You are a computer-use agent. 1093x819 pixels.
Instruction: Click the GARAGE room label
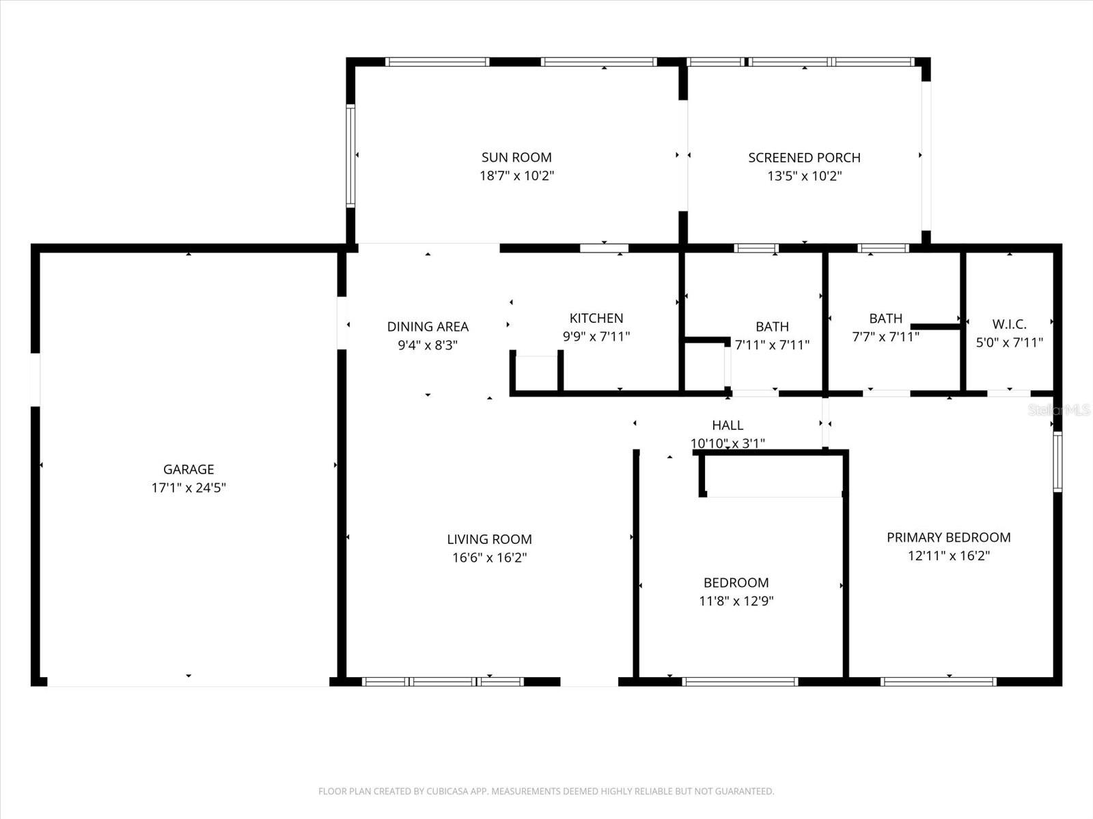click(x=189, y=470)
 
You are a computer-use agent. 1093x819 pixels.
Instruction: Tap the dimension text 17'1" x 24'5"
click(x=189, y=488)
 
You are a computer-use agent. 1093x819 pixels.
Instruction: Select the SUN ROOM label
click(x=516, y=158)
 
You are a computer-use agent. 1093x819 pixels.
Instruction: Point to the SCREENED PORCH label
click(x=804, y=158)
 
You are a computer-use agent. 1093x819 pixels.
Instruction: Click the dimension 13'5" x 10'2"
click(x=804, y=176)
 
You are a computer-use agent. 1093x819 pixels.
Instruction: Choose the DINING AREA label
click(x=428, y=327)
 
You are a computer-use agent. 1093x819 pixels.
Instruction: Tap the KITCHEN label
click(x=596, y=318)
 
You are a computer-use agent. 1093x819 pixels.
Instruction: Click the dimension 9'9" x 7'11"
click(x=596, y=336)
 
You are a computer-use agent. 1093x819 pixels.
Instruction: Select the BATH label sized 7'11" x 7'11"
click(x=772, y=327)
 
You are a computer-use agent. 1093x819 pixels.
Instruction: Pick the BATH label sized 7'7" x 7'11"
click(x=885, y=319)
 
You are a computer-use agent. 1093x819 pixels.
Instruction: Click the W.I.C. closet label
click(x=1009, y=325)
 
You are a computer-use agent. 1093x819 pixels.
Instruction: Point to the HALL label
click(x=728, y=426)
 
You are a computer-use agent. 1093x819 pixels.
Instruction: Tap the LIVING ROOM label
click(x=489, y=540)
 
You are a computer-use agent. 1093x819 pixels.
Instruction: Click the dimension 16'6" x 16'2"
click(x=489, y=558)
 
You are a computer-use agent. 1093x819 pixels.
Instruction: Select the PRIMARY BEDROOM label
click(x=948, y=538)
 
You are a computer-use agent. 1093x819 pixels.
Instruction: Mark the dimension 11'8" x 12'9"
click(x=736, y=601)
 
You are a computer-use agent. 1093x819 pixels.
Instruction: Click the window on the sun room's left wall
click(x=350, y=156)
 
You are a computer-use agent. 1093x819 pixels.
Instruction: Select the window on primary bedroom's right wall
click(x=1057, y=462)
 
